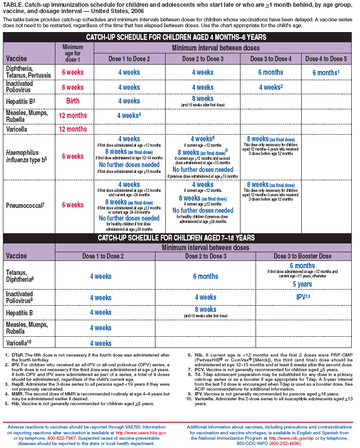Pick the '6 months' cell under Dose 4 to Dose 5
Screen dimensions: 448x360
(326, 73)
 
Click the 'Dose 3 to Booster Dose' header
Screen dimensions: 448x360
(302, 256)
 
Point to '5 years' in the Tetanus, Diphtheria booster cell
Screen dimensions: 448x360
(302, 284)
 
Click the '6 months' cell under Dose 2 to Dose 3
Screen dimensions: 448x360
(205, 276)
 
